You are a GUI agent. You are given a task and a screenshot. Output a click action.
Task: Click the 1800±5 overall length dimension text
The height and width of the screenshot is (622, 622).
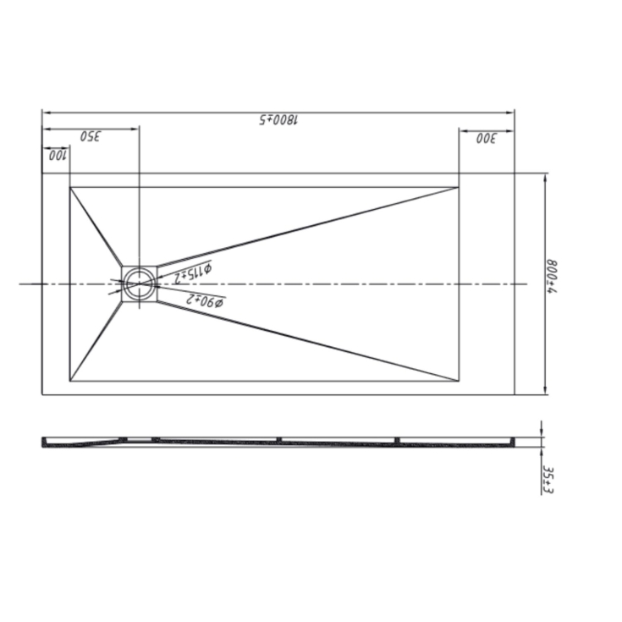click(x=279, y=119)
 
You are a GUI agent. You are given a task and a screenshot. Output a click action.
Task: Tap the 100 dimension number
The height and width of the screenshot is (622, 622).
click(x=56, y=155)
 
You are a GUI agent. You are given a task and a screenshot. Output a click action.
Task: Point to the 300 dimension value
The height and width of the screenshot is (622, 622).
click(x=486, y=138)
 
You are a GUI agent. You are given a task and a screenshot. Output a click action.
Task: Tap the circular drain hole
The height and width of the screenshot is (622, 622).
click(x=140, y=283)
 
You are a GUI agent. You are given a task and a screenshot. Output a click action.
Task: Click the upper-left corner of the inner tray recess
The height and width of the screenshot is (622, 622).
click(x=70, y=187)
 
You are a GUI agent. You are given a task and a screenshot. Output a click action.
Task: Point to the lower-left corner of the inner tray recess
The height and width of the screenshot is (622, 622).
click(x=70, y=381)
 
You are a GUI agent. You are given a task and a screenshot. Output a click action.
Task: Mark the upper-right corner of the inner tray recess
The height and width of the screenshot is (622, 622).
click(x=459, y=187)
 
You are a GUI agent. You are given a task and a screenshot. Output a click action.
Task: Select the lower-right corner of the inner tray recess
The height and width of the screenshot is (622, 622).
click(x=459, y=381)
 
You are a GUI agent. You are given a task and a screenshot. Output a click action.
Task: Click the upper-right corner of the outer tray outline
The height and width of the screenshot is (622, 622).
click(x=515, y=173)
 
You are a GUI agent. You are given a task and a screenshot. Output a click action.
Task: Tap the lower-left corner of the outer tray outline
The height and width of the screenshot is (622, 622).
click(x=42, y=394)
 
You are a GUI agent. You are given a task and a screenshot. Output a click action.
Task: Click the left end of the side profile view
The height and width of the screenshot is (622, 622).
click(x=44, y=441)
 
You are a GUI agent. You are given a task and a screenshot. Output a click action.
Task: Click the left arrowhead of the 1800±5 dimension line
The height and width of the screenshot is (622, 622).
click(x=45, y=112)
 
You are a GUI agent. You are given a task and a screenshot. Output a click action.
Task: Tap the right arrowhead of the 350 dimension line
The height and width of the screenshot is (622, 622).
click(x=136, y=129)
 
